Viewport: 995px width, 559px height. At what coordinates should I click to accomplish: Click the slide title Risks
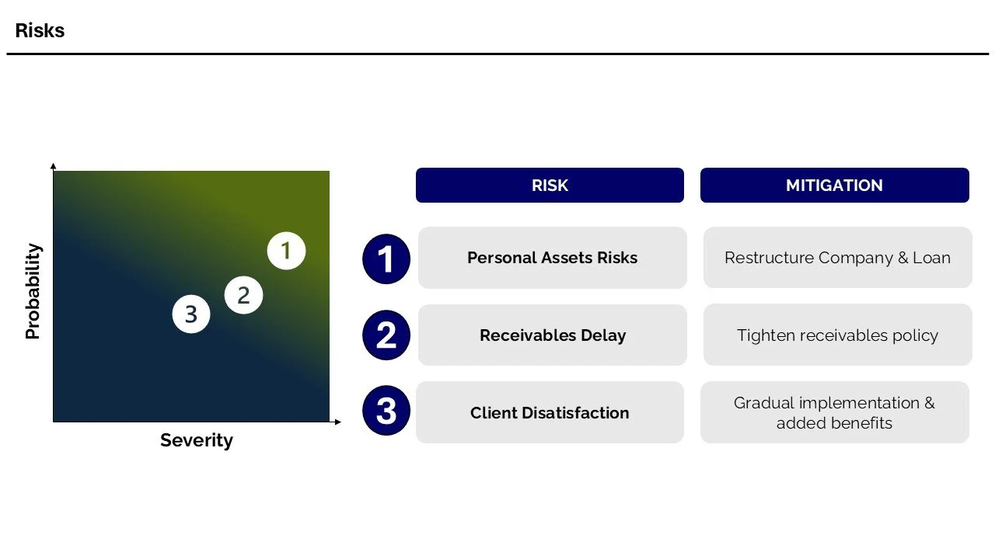tap(40, 31)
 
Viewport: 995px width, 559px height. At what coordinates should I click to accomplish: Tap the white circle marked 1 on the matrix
tap(286, 251)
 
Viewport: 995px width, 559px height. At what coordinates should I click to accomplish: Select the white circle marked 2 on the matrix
tap(243, 295)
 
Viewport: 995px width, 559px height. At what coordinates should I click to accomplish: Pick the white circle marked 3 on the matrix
tap(191, 314)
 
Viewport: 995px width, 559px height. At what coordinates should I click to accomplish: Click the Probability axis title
tap(33, 292)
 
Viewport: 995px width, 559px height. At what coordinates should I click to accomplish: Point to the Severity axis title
tap(196, 440)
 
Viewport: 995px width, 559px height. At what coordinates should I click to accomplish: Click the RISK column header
tap(550, 186)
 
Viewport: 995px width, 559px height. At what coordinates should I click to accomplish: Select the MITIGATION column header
tap(834, 186)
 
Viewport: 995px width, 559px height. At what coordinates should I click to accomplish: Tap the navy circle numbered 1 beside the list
tap(386, 259)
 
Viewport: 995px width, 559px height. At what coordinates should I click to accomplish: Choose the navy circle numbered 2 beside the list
tap(386, 335)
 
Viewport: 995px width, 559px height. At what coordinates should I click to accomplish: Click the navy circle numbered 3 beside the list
tap(386, 411)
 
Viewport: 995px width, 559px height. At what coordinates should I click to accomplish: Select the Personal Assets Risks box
tap(552, 258)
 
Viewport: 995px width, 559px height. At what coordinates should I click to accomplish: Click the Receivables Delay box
tap(552, 335)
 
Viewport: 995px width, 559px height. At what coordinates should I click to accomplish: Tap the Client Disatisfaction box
tap(550, 412)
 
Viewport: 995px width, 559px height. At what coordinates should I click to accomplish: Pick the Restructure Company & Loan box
tap(837, 258)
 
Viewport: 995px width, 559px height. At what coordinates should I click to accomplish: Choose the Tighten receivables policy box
tap(837, 335)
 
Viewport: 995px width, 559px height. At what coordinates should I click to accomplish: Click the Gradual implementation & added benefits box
tap(834, 412)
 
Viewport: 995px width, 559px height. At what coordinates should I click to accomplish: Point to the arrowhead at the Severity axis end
tap(337, 422)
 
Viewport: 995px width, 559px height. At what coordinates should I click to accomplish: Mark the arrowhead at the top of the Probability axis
tap(53, 166)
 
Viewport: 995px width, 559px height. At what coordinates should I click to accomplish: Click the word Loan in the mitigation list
tap(932, 258)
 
